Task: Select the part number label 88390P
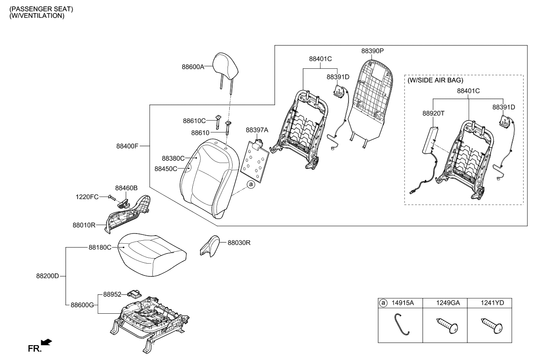(372, 51)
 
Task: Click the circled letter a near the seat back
(251, 185)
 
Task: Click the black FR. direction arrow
(46, 342)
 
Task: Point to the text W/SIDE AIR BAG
(435, 80)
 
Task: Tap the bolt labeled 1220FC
(111, 197)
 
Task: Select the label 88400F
(127, 146)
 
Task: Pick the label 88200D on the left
(47, 276)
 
